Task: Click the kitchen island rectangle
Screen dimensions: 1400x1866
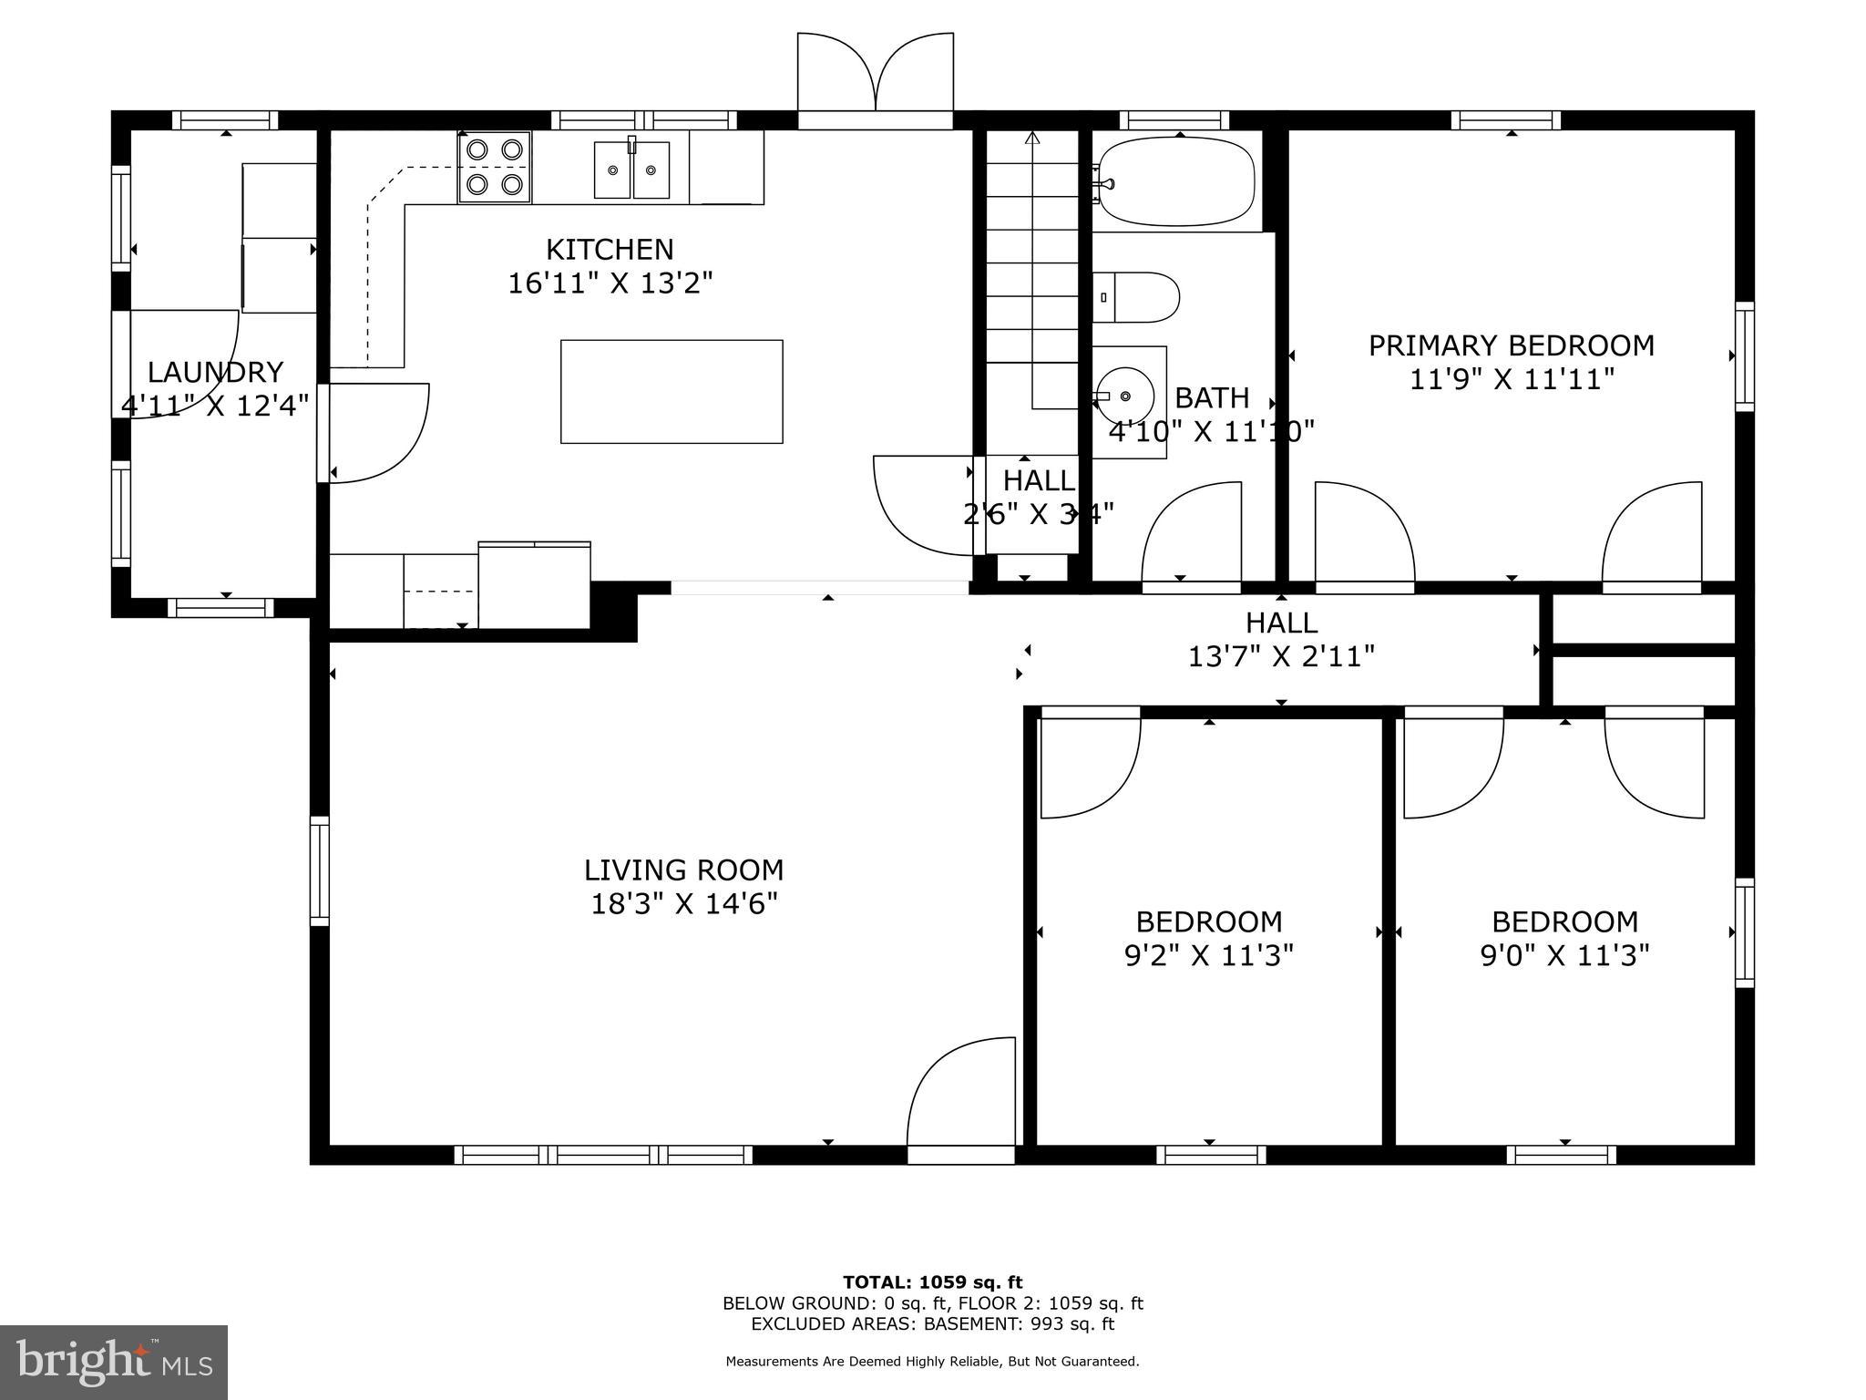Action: pos(672,392)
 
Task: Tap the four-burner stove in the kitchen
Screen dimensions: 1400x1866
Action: pos(494,167)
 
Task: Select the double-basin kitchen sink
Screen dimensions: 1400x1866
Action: pos(632,170)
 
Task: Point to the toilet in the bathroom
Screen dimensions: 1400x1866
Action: pos(1137,297)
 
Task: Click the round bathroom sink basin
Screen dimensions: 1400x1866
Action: pos(1126,396)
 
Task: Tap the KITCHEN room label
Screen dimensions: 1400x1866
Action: pos(610,249)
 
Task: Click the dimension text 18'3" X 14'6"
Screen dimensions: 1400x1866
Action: pos(683,904)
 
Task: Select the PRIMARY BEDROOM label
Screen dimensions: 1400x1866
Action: pos(1511,345)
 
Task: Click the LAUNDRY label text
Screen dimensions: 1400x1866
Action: pos(215,372)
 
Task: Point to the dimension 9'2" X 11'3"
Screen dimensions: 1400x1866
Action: pos(1208,955)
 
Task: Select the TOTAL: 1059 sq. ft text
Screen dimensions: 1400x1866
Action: pos(932,1282)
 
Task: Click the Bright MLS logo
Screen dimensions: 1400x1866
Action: pos(114,1362)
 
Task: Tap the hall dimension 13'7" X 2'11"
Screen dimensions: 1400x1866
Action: pos(1280,656)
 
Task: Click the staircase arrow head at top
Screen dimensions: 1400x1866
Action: pos(1032,138)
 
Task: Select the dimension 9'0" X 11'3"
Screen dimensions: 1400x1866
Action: pos(1564,955)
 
